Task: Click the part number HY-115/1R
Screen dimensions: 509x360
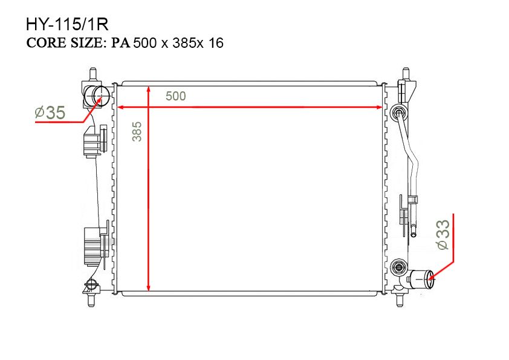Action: tap(67, 25)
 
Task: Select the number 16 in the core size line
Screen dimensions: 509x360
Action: tap(216, 43)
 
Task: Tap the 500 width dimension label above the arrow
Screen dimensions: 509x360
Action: tap(176, 96)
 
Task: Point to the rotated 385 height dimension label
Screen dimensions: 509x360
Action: tap(137, 131)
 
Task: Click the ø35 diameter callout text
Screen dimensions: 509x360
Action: tap(50, 113)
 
